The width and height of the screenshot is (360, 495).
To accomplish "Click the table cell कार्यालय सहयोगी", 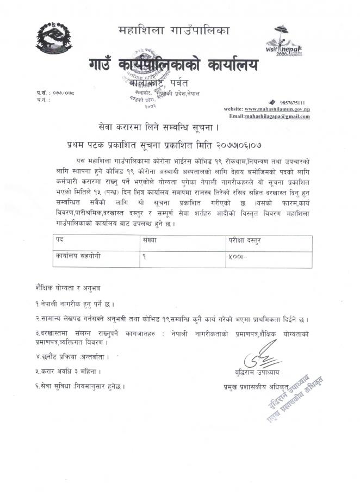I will tap(77, 254).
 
